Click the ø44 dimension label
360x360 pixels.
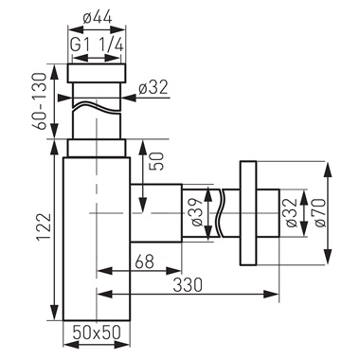coord(95,16)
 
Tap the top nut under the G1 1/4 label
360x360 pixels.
coord(95,73)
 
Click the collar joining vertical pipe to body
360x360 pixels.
coord(95,148)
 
